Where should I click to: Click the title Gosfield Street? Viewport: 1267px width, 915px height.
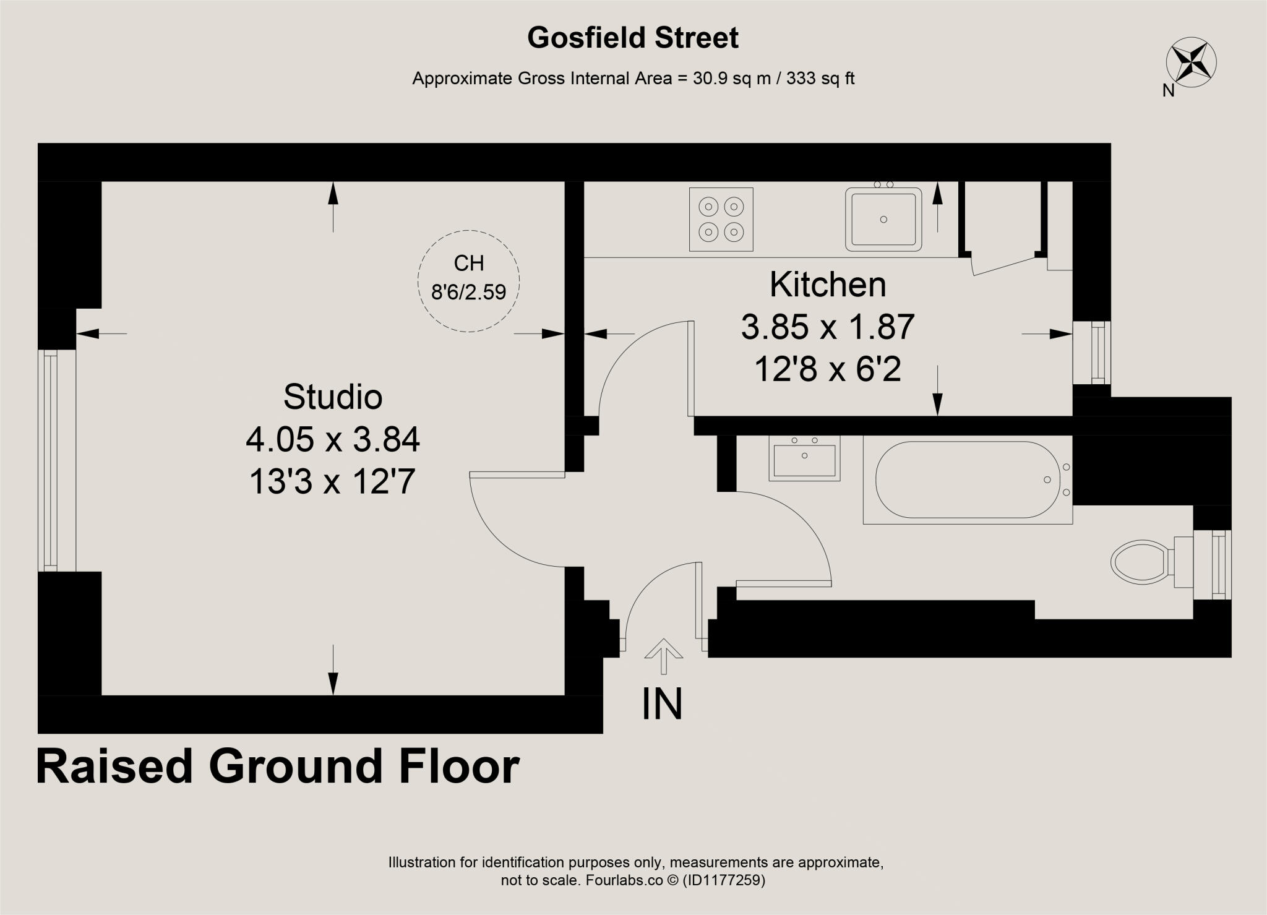632,38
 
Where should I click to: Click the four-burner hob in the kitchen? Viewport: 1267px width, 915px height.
721,220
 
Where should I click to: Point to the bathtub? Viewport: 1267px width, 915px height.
967,479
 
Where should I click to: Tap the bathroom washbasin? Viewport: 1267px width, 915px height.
804,458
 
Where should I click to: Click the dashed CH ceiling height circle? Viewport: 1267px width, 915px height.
469,280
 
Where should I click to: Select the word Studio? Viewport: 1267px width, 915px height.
333,397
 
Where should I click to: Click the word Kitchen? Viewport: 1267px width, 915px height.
828,285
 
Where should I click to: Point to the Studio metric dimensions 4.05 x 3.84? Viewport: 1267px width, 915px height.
333,440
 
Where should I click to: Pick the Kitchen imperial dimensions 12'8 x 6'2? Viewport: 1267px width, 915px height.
828,370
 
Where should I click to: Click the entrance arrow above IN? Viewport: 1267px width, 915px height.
663,655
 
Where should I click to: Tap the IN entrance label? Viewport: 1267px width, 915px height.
662,704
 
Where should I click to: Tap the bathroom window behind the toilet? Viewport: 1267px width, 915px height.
1218,564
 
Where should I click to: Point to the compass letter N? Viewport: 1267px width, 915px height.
1168,91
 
